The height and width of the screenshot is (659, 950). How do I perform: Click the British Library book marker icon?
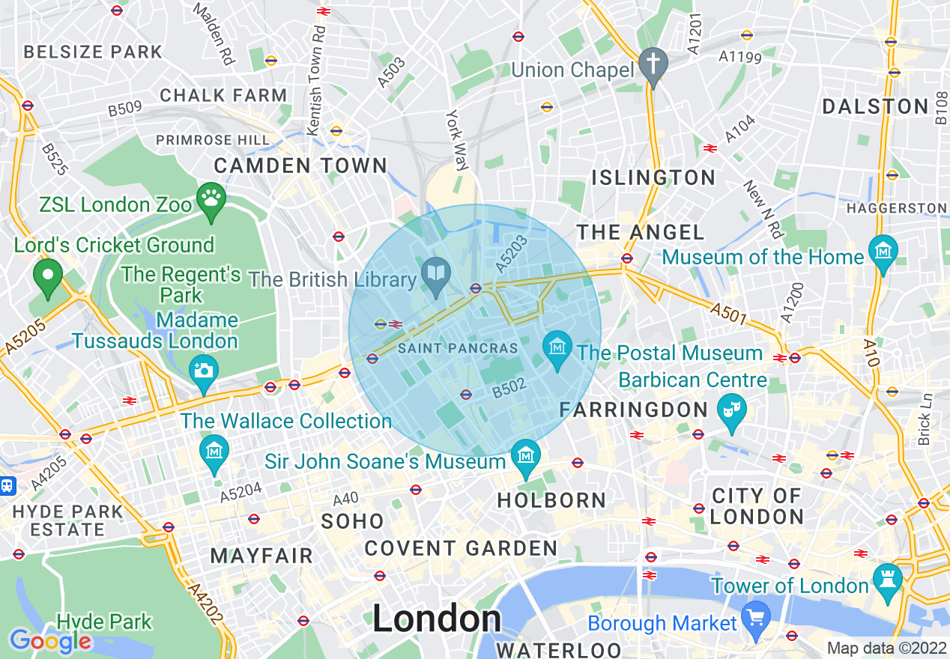pos(435,270)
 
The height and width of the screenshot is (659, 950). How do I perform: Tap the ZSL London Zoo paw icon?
pos(211,198)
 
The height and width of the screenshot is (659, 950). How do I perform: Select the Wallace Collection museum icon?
pos(215,451)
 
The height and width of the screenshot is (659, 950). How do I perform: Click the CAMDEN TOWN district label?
pos(301,165)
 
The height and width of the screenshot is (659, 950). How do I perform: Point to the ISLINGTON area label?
pos(654,177)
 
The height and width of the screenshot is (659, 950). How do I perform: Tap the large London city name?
pos(437,619)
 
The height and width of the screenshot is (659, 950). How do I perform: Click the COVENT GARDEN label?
pos(461,548)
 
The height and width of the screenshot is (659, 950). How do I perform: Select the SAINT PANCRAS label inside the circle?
pos(458,348)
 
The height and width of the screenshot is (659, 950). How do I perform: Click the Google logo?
pos(50,640)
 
